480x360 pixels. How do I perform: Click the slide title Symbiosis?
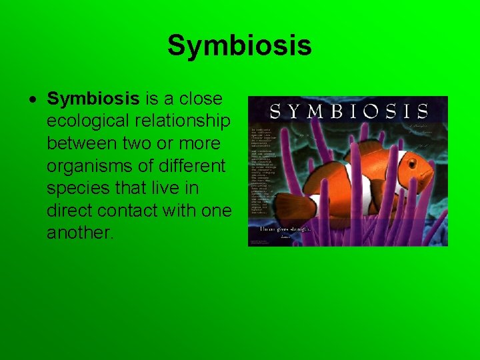239,46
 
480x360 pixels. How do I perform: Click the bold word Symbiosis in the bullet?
93,99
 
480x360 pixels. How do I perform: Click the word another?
78,233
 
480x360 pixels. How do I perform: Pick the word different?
189,166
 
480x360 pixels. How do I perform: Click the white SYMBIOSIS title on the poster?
348,110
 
